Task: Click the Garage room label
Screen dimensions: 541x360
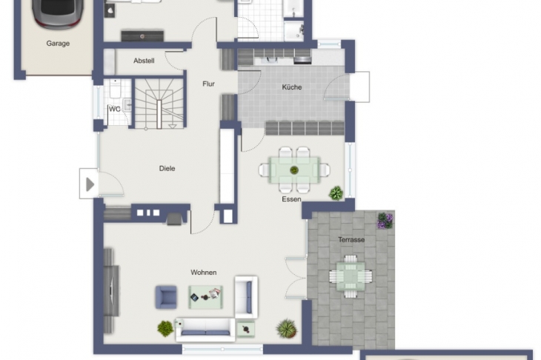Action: point(58,44)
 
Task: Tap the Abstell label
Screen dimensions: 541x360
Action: point(144,61)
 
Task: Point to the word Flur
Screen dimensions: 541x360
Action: point(208,84)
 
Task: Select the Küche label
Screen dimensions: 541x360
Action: point(292,87)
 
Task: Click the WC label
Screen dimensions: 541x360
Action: point(115,110)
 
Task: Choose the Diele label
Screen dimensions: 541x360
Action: point(167,169)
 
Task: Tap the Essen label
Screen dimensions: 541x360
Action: point(291,199)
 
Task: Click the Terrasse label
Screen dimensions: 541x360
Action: point(351,240)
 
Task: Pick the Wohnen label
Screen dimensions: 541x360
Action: point(204,273)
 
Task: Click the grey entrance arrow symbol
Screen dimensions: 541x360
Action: point(90,184)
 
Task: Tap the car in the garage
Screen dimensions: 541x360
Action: point(58,13)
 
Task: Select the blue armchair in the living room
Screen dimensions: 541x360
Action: point(166,297)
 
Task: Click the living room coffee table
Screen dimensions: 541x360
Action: point(205,297)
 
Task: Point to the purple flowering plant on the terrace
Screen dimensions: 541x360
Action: point(385,221)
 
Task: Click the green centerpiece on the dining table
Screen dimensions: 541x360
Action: point(294,170)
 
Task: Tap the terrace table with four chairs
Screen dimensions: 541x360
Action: point(351,276)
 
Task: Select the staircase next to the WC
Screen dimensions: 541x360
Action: point(159,104)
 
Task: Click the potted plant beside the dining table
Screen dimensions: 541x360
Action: point(336,193)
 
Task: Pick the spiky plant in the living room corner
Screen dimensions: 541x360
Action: point(287,329)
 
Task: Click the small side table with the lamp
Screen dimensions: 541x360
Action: point(245,329)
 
